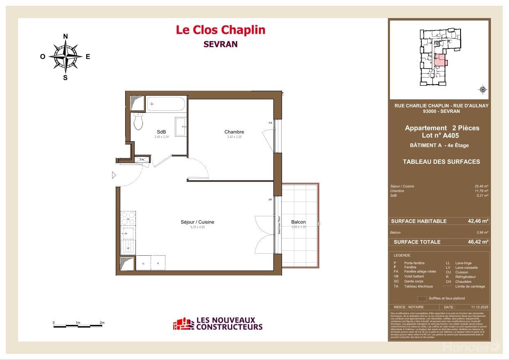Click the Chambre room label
[234, 132]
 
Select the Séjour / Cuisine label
[197, 222]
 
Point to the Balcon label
[298, 222]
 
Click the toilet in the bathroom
[138, 122]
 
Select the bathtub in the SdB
[166, 104]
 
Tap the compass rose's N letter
[65, 37]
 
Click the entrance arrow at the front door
[114, 175]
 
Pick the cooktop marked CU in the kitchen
[128, 218]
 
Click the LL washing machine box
[143, 263]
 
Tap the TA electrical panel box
[142, 159]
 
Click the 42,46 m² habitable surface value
[478, 221]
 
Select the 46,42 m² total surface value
[478, 242]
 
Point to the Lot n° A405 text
[440, 135]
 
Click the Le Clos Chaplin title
[220, 30]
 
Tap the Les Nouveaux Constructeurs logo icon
[183, 324]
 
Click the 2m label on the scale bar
[102, 323]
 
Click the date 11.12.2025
[478, 307]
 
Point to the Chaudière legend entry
[463, 282]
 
